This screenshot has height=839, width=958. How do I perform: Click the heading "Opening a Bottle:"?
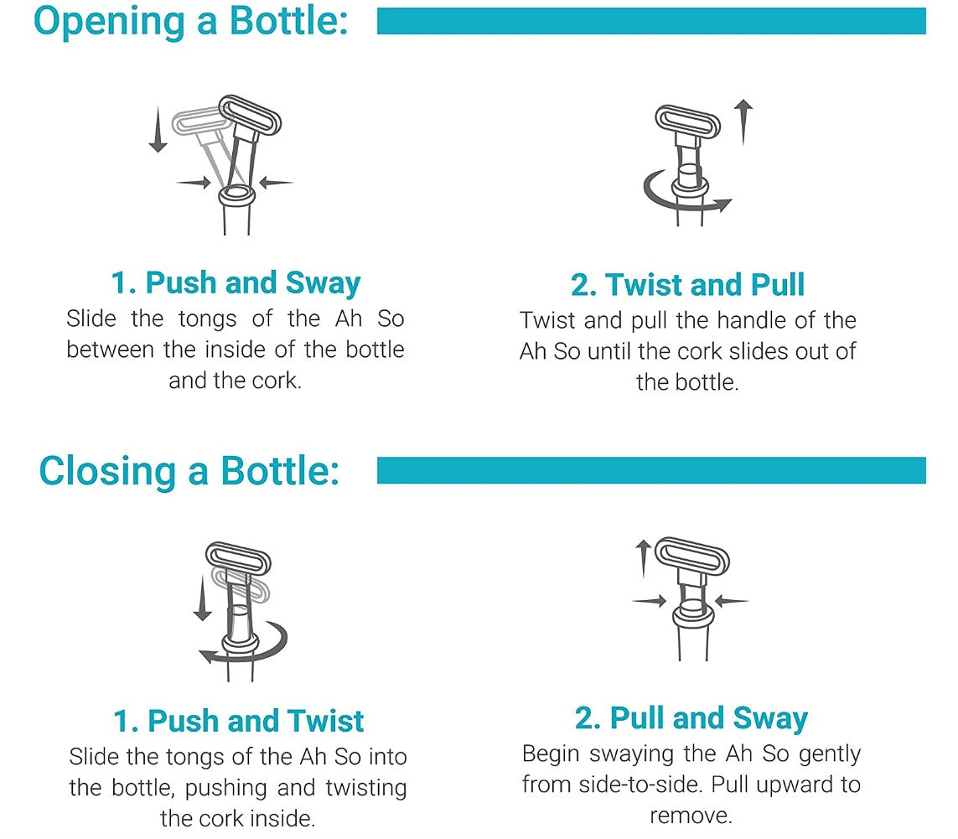[x=190, y=22]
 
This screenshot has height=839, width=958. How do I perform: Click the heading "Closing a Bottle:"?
[x=189, y=471]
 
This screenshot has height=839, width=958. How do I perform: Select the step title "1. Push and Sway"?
[x=236, y=283]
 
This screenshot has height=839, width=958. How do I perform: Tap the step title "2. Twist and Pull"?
[x=687, y=285]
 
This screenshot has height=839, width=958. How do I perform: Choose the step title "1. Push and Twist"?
[x=238, y=721]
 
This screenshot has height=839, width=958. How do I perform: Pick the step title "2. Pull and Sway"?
[x=691, y=718]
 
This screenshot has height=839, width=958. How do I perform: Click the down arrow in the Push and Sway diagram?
[x=158, y=129]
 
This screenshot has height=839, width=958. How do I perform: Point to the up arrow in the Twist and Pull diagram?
[x=743, y=122]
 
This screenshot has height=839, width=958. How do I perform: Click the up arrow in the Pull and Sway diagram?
[x=643, y=558]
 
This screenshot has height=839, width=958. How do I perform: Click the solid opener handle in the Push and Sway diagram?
[x=250, y=114]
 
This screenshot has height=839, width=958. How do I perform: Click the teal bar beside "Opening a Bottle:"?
[x=651, y=21]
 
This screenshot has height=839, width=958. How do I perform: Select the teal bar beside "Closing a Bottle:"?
[x=651, y=470]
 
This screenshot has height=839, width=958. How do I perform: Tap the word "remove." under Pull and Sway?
[x=691, y=816]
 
